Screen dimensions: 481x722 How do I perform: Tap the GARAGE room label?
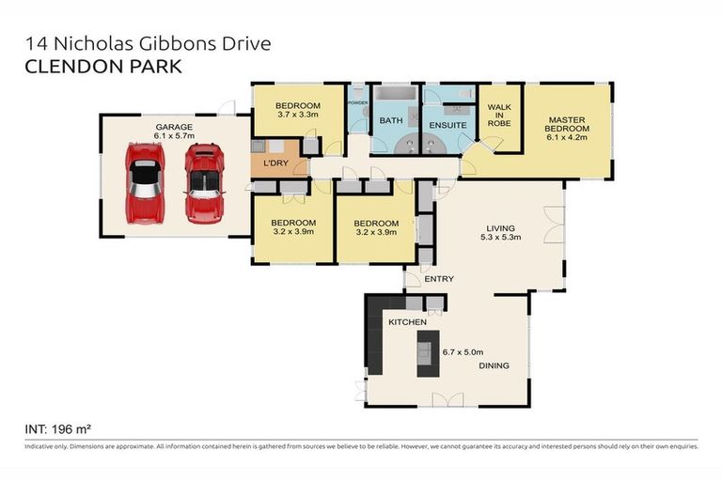point(174,127)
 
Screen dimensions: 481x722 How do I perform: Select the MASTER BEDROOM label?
point(567,123)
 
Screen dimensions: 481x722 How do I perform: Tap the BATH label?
point(390,121)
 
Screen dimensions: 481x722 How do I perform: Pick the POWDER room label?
point(357,102)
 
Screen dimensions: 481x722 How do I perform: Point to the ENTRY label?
point(439,279)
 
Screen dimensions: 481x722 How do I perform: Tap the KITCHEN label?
point(408,322)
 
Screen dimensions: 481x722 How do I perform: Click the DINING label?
point(494,365)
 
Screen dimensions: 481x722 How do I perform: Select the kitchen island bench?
point(428,352)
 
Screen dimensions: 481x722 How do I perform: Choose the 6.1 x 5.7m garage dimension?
point(174,137)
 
